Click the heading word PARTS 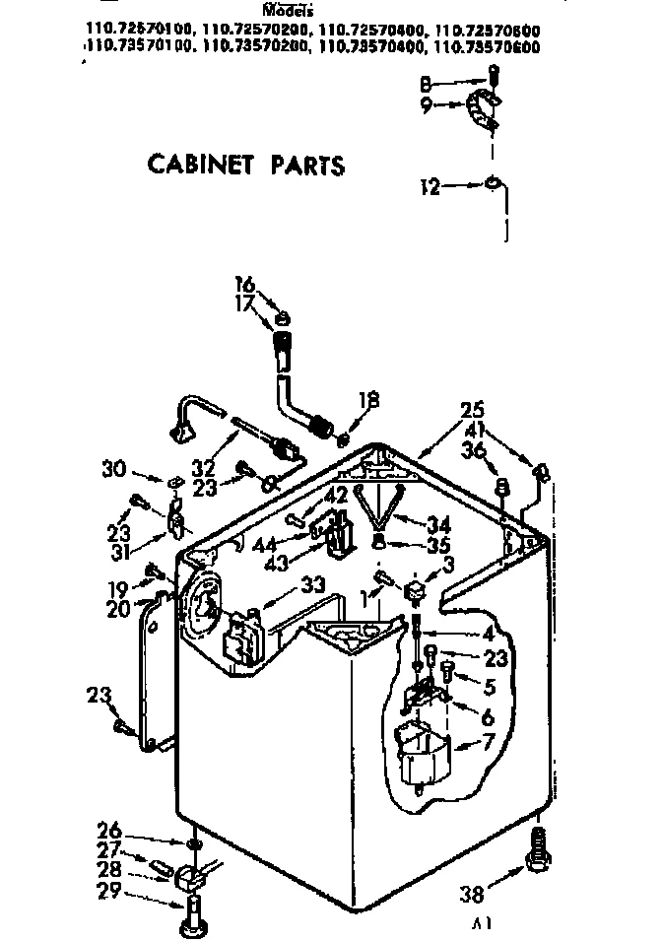coord(307,165)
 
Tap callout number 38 coord(473,895)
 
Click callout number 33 coord(312,583)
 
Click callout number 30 coord(113,469)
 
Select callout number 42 coord(337,496)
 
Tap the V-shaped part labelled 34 coord(379,503)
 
